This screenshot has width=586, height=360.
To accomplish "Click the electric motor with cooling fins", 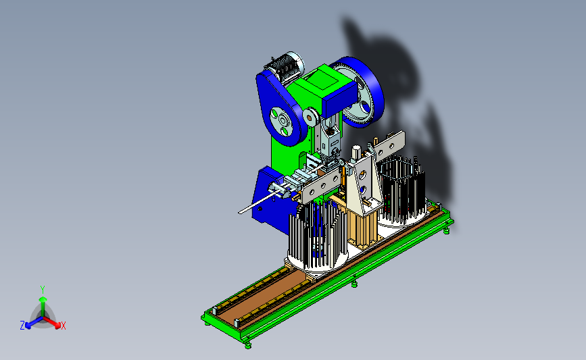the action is [x=285, y=68].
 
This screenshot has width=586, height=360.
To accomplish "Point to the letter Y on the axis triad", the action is [x=43, y=290].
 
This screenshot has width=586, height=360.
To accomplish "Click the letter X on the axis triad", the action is [x=63, y=326].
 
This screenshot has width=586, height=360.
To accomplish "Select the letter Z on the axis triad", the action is [x=22, y=326].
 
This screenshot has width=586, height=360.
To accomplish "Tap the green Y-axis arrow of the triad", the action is [x=43, y=307].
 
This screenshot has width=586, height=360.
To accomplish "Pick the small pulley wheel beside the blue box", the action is [x=310, y=117].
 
